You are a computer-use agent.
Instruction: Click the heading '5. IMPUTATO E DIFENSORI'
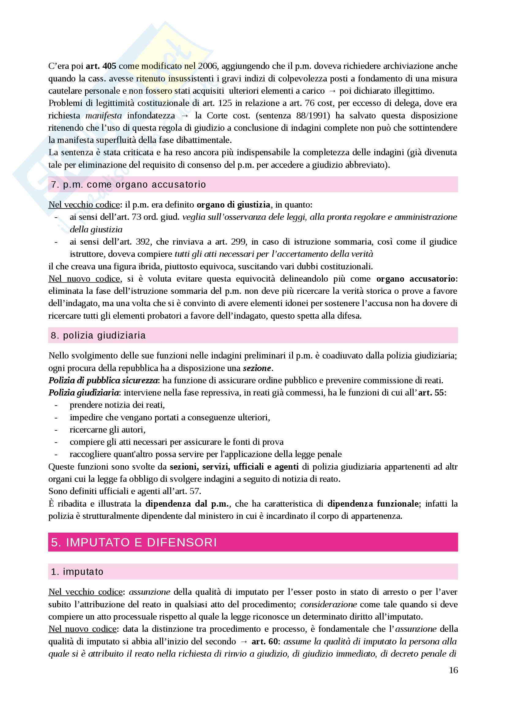point(134,542)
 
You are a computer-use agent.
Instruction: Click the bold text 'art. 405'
point(101,66)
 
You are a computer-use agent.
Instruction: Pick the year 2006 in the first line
point(208,66)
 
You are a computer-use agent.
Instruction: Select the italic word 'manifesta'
point(103,115)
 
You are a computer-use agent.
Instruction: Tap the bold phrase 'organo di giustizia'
point(233,204)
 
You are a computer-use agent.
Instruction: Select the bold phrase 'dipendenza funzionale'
point(373,504)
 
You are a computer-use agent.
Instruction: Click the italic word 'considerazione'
point(328,604)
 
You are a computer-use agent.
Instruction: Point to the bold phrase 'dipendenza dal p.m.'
point(188,504)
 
